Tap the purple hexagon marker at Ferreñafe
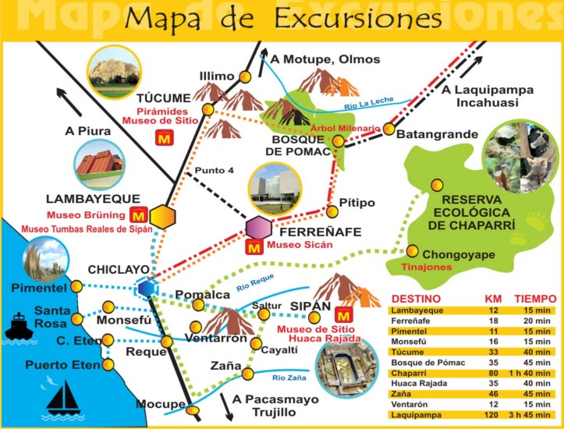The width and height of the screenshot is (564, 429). (x=258, y=229)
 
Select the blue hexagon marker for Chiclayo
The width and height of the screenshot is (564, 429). (x=145, y=288)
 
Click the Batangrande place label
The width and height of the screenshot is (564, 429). (x=437, y=134)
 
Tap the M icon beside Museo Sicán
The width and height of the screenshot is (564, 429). (x=254, y=250)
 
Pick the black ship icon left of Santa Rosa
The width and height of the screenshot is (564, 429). (x=19, y=326)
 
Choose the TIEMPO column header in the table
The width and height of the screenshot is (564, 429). (x=534, y=299)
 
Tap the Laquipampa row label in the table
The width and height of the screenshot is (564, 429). (x=417, y=416)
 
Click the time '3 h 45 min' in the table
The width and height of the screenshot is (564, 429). (x=534, y=416)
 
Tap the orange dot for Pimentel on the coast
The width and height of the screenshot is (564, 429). (x=76, y=288)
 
